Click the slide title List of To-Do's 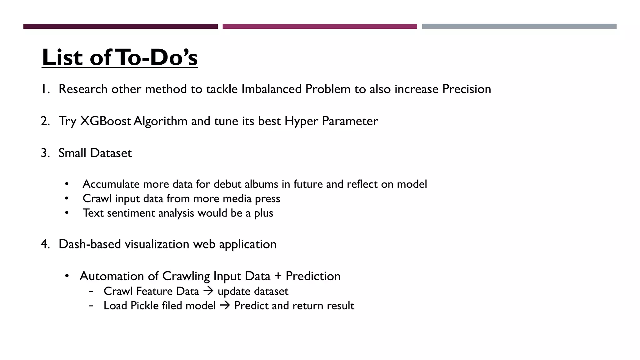(x=120, y=57)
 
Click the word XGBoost (x=105, y=121)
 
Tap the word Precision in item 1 (x=466, y=89)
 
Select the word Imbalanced (x=272, y=89)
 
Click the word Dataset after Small (x=111, y=153)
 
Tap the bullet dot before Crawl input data (x=67, y=198)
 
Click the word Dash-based (x=90, y=244)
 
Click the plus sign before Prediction (x=278, y=276)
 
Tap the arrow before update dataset (x=208, y=291)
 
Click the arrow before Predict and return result (x=225, y=306)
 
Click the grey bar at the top (x=519, y=27)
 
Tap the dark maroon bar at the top (x=120, y=27)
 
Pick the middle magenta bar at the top (x=320, y=27)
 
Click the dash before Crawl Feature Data (x=91, y=291)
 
